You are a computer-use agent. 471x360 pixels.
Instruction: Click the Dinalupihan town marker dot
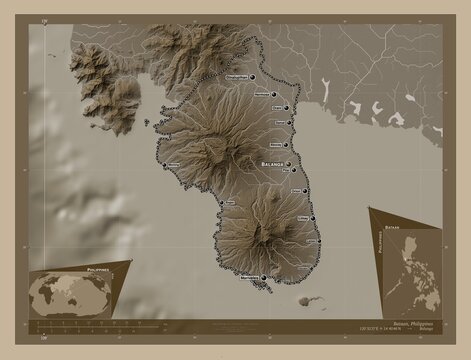tap(253, 75)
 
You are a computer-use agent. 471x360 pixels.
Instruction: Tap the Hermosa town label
tap(263, 93)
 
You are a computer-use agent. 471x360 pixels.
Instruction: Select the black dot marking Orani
tap(287, 108)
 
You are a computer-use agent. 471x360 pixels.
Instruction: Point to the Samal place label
tap(279, 123)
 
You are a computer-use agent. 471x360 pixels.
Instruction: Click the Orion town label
tap(297, 190)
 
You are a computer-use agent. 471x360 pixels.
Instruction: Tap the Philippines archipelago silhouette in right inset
tap(410, 275)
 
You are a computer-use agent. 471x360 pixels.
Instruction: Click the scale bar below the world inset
tap(80, 326)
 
